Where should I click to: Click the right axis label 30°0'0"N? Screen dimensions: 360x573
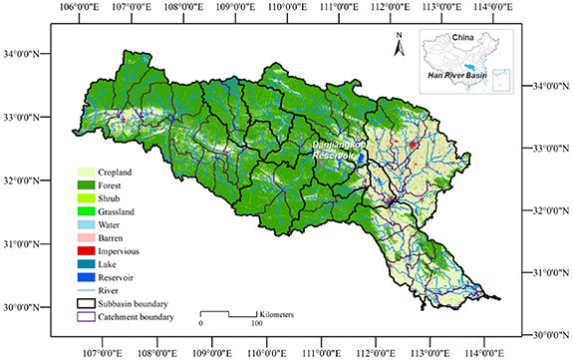pos(548,333)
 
